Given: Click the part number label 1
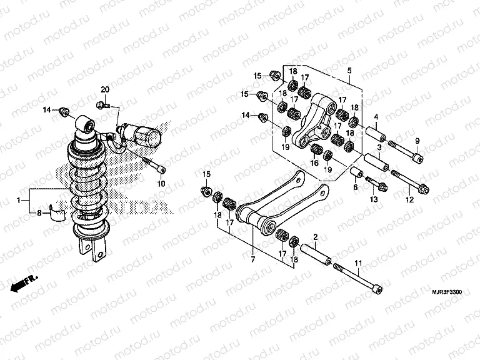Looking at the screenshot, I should click(x=19, y=199).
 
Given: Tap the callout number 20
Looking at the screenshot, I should click(x=104, y=90).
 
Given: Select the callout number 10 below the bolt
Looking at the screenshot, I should click(x=161, y=184).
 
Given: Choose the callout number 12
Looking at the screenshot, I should click(x=410, y=199).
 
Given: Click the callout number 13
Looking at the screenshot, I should click(x=374, y=199).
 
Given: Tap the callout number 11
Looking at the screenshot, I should click(x=358, y=264).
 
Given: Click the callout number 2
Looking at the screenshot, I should click(x=316, y=237).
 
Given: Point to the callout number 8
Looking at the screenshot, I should click(x=39, y=213).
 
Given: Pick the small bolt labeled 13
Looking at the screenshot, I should click(x=374, y=184).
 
